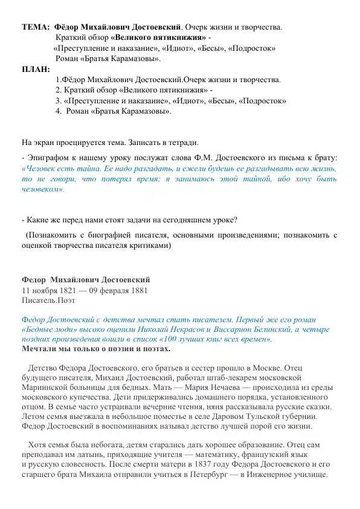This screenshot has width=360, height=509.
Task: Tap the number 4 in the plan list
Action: (58, 111)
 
